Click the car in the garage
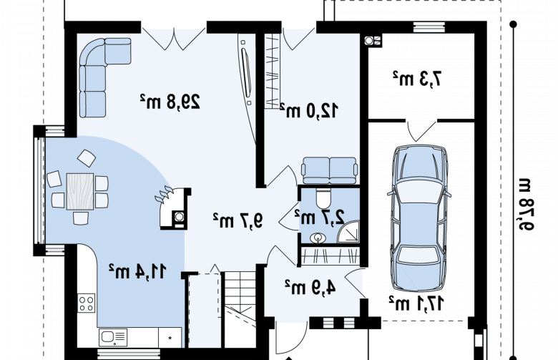point(418,218)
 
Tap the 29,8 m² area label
point(170,102)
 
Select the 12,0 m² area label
point(309,110)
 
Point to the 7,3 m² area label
point(417,79)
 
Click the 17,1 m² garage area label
point(416,303)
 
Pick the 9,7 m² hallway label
point(238,220)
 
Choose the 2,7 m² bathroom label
point(320,216)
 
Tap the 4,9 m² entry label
point(310,287)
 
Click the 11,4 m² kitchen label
point(137,271)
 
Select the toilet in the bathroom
point(323,198)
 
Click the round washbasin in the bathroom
point(318,238)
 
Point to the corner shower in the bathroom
point(348,232)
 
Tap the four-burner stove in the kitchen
point(87,303)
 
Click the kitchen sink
point(113,337)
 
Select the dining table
point(80,191)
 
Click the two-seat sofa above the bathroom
point(329,170)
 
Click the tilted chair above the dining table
point(87,158)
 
